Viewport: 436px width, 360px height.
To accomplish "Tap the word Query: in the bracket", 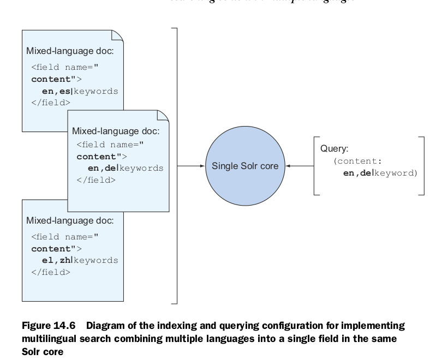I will tap(334, 148).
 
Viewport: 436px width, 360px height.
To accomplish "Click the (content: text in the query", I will tap(358, 161).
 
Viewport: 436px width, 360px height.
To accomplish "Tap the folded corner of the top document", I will tap(117, 36).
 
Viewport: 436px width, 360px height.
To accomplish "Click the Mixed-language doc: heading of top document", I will tap(70, 51).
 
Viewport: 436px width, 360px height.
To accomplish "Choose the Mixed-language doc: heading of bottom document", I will tap(70, 220).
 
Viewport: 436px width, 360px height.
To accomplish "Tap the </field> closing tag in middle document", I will tap(95, 179).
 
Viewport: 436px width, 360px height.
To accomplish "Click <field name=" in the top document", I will tap(64, 68).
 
